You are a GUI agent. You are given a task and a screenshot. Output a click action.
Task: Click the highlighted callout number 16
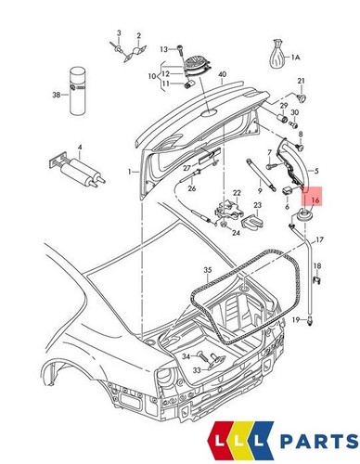tap(315, 199)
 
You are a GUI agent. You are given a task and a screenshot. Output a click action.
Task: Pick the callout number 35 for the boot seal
tap(208, 271)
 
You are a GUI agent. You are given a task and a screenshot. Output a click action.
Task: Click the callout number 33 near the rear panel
tap(198, 369)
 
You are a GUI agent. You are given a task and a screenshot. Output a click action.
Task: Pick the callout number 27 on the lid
tap(186, 168)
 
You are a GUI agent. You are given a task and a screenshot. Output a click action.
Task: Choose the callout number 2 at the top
tap(139, 36)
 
